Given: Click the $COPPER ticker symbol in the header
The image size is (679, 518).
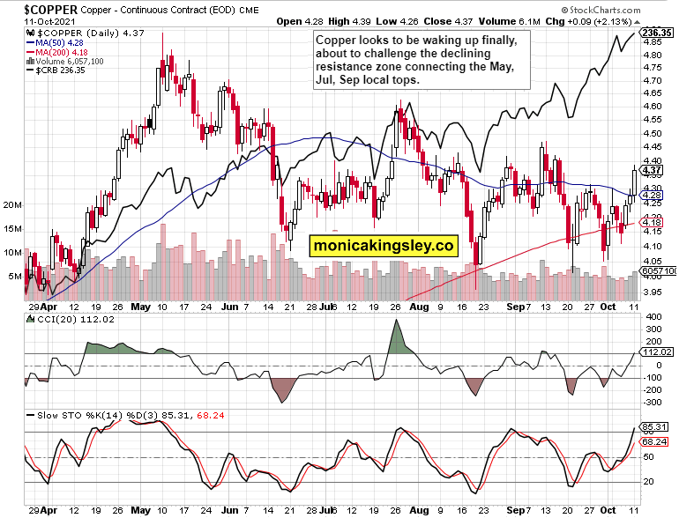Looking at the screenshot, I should click(x=39, y=8).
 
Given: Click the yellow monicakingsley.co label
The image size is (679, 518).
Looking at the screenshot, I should click(x=384, y=246).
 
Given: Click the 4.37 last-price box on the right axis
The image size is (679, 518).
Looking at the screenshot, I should click(x=653, y=170).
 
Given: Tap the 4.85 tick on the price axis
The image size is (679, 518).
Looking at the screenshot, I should click(x=653, y=41).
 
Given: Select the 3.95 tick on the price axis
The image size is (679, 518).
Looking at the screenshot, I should click(x=653, y=292).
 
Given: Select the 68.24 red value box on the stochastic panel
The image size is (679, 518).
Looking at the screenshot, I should click(x=654, y=441).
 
